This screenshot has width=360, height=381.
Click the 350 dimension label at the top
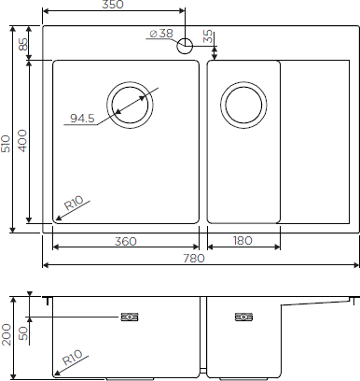(x=112, y=5)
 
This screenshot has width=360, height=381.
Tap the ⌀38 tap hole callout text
(x=161, y=34)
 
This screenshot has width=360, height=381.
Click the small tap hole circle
(x=185, y=46)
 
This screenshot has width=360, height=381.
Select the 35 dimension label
(x=209, y=36)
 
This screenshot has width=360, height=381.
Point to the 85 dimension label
(x=23, y=44)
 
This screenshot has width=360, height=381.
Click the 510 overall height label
(x=6, y=144)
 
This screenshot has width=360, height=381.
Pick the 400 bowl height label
(x=22, y=141)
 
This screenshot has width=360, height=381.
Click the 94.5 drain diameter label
(x=82, y=119)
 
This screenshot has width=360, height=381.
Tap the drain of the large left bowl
(x=130, y=105)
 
